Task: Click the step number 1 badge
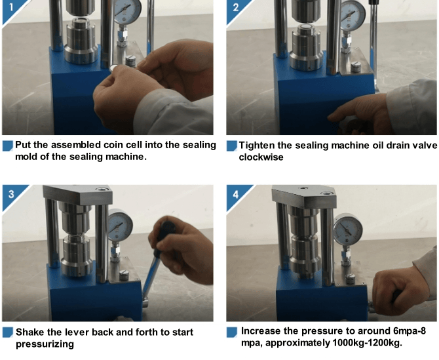[x=11, y=7]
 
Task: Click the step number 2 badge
[x=235, y=7]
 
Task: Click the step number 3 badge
[x=11, y=194]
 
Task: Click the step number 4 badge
[x=235, y=194]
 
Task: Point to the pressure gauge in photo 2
[x=353, y=14]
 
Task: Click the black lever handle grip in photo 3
[x=165, y=238]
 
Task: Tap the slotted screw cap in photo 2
[x=356, y=68]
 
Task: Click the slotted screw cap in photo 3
[x=124, y=275]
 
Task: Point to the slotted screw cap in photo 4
[x=350, y=279]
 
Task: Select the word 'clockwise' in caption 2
[x=261, y=157]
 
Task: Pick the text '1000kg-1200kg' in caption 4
[x=367, y=343]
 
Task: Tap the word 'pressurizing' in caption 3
[x=45, y=344]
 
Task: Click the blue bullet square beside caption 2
[x=232, y=146]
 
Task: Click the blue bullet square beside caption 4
[x=232, y=332]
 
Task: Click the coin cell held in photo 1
[x=114, y=68]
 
